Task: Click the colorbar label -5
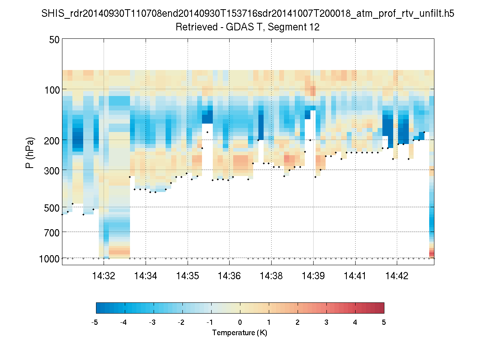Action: tap(95, 322)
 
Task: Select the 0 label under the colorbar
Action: tap(240, 322)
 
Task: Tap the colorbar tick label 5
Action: tap(384, 322)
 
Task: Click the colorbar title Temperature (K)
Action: tap(240, 332)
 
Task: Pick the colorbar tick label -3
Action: tap(152, 322)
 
